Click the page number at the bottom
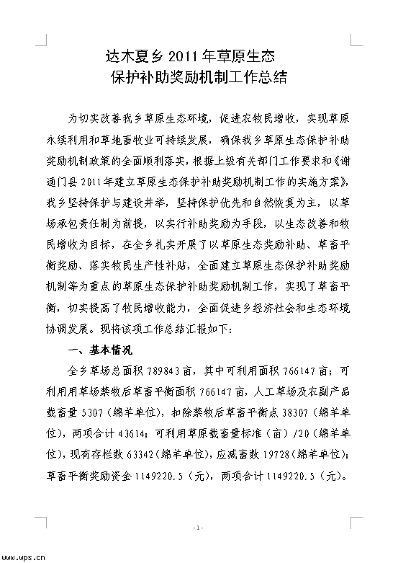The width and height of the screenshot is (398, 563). pyautogui.click(x=199, y=528)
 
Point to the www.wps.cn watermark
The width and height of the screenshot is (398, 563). pyautogui.click(x=24, y=556)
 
